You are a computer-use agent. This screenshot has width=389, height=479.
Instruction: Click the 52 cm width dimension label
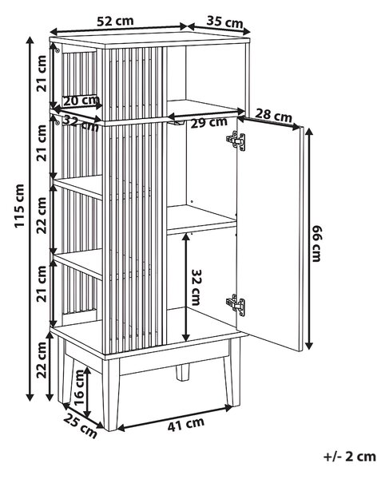[x=115, y=21]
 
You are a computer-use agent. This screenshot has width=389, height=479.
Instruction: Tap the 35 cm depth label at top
[x=224, y=22]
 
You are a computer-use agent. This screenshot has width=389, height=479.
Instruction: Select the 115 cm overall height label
[x=19, y=205]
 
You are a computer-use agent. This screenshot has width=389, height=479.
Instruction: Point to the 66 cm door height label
[x=316, y=243]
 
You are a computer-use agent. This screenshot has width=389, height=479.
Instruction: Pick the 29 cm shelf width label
[x=209, y=123]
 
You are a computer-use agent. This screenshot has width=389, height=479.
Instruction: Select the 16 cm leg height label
[x=78, y=387]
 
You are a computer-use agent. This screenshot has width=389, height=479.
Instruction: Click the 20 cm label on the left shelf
[x=81, y=101]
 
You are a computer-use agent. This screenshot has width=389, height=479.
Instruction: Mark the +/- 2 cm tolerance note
[x=350, y=457]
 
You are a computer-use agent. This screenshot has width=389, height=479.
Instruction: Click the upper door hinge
[x=236, y=141]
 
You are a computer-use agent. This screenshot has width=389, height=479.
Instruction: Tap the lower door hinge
[x=236, y=305]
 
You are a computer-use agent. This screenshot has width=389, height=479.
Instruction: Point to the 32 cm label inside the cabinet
[x=195, y=287]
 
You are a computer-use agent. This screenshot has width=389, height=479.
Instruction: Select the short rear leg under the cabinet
[x=182, y=372]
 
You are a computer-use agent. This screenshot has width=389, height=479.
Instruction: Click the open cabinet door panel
[x=269, y=236]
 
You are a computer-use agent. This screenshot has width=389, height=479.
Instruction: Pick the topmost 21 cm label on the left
[x=42, y=73]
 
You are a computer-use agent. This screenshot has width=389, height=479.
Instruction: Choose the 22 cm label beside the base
[x=42, y=360]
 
